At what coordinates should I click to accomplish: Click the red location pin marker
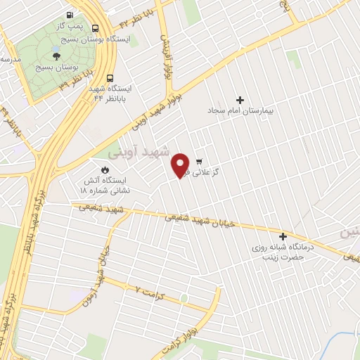181,165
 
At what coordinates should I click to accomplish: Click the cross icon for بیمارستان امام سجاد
240,100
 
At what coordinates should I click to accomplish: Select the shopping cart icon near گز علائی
200,160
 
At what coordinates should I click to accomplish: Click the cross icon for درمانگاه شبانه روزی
283,237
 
